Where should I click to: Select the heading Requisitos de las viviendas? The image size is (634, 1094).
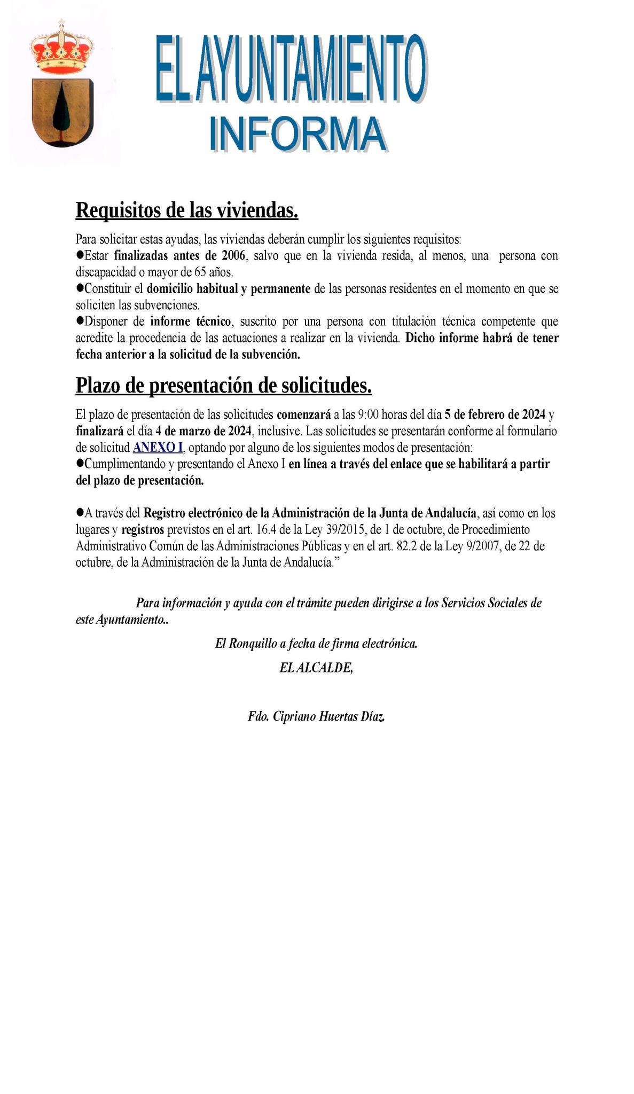coord(187,210)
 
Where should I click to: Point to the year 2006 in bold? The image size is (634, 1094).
coord(233,255)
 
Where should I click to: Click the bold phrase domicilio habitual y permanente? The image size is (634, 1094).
coord(229,288)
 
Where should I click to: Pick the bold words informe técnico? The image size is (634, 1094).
coord(191,322)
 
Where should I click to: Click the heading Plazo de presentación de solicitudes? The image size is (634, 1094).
coord(224,385)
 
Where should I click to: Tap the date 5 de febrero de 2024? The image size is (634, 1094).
coord(495,414)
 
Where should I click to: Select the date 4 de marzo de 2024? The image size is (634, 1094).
coord(203,431)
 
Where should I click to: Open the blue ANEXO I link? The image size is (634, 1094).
coord(158,447)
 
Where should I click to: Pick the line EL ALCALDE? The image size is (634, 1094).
coord(316,667)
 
